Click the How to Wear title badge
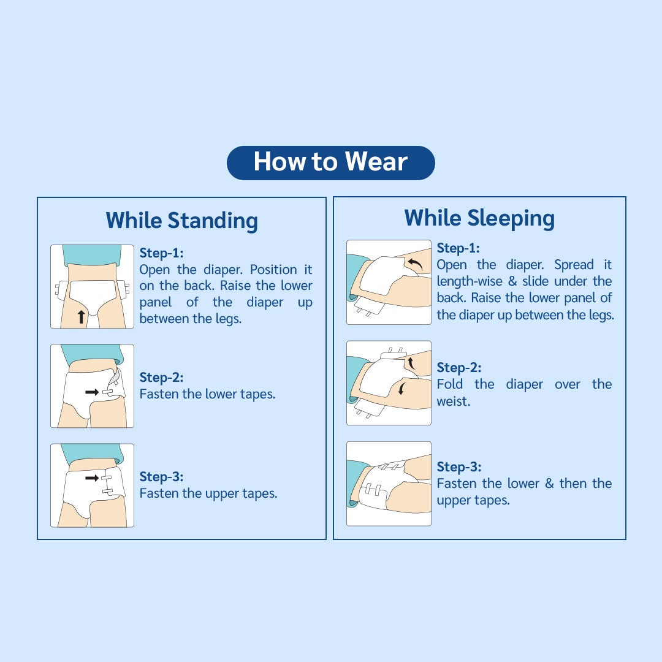click(330, 162)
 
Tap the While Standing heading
click(181, 220)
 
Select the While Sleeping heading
click(479, 218)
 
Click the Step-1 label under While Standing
click(161, 253)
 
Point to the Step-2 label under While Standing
click(161, 378)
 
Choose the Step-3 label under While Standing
click(161, 477)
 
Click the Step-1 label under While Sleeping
click(458, 248)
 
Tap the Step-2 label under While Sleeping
click(458, 368)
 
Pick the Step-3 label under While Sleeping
click(458, 467)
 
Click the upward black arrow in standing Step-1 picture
click(81, 316)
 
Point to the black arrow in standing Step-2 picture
click(92, 392)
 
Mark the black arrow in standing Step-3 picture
click(92, 477)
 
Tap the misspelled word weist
click(453, 401)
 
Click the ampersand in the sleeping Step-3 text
click(549, 484)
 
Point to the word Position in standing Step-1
click(273, 270)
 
